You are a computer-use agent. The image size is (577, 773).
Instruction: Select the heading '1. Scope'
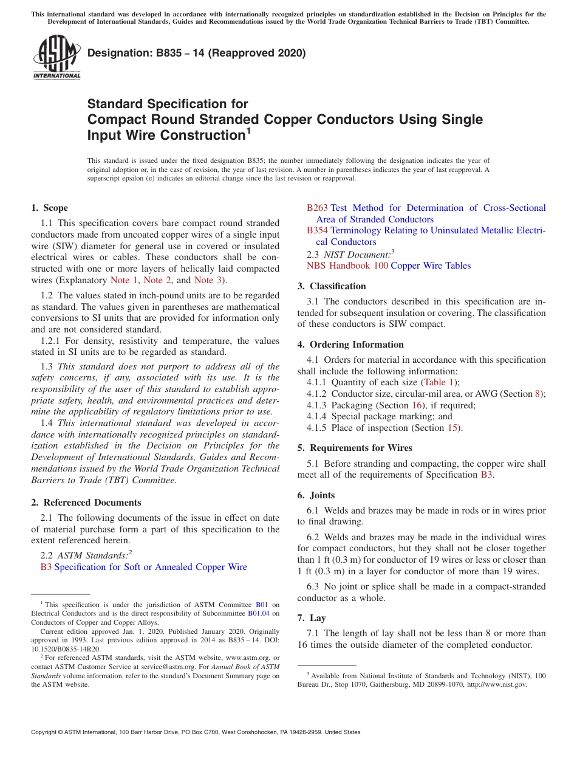(50, 208)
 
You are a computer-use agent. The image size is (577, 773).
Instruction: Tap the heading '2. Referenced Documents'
(86, 503)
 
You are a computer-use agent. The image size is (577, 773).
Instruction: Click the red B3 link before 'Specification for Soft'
(46, 567)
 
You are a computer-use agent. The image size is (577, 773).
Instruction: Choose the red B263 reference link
(317, 208)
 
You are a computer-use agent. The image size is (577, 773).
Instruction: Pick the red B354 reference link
(317, 230)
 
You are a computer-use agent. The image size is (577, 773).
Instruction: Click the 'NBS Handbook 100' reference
(347, 266)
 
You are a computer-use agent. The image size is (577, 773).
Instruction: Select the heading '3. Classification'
(332, 286)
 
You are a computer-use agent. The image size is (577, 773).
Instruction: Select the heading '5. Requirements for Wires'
(355, 448)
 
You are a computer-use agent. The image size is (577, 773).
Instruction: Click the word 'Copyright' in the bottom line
(46, 732)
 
